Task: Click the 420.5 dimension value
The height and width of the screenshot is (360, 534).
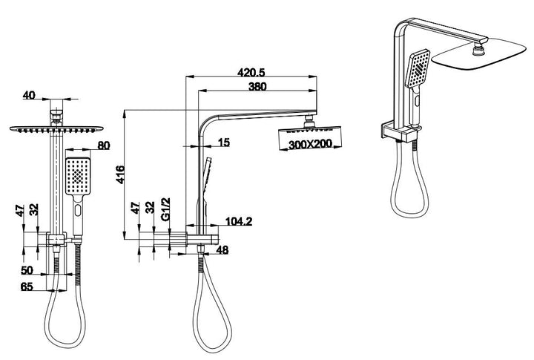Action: (x=253, y=73)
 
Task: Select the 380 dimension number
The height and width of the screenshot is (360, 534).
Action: (x=258, y=85)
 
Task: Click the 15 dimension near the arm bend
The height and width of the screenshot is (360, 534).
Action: (x=224, y=142)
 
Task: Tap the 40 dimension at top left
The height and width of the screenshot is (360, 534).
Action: (x=29, y=95)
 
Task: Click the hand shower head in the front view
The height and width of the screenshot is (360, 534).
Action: (x=77, y=177)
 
